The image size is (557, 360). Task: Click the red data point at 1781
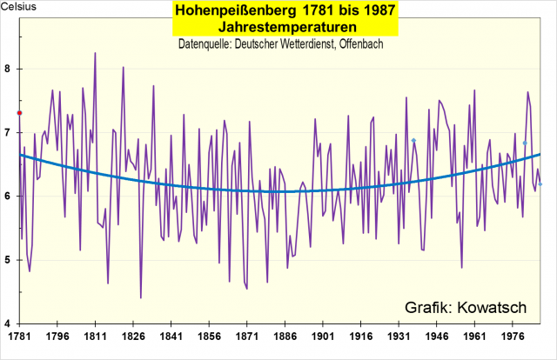point(20,113)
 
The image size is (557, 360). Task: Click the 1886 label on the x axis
point(285,335)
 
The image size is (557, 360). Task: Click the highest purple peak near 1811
point(95,53)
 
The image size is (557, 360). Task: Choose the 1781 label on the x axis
point(18,335)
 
